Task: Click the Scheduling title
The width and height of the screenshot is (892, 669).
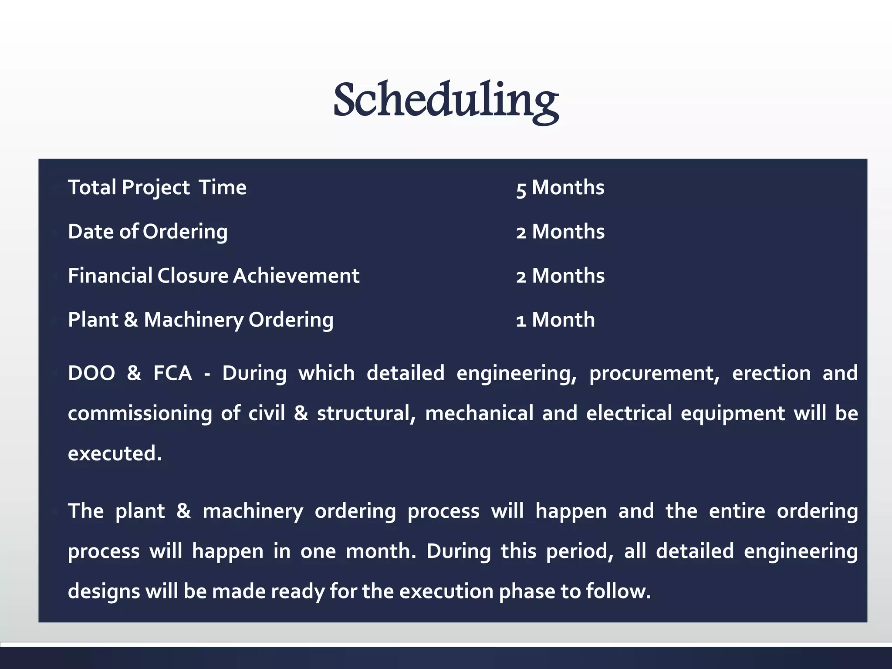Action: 446,100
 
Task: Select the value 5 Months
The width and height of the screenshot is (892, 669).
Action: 560,188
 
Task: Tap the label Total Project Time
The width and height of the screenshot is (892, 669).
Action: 157,188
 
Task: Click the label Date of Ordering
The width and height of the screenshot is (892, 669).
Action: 148,232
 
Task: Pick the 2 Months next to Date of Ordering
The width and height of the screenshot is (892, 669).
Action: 560,232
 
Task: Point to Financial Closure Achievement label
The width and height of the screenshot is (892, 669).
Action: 213,276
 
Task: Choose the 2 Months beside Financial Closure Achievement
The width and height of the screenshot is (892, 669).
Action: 560,276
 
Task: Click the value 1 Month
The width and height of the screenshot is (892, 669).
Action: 555,320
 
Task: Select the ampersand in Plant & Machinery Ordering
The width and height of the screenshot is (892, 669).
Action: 131,320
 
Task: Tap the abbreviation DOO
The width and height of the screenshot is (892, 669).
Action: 91,373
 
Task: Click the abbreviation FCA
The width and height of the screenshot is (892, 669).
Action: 172,373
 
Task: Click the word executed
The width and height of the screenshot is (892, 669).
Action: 115,453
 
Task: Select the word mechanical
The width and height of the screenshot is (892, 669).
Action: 479,413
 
